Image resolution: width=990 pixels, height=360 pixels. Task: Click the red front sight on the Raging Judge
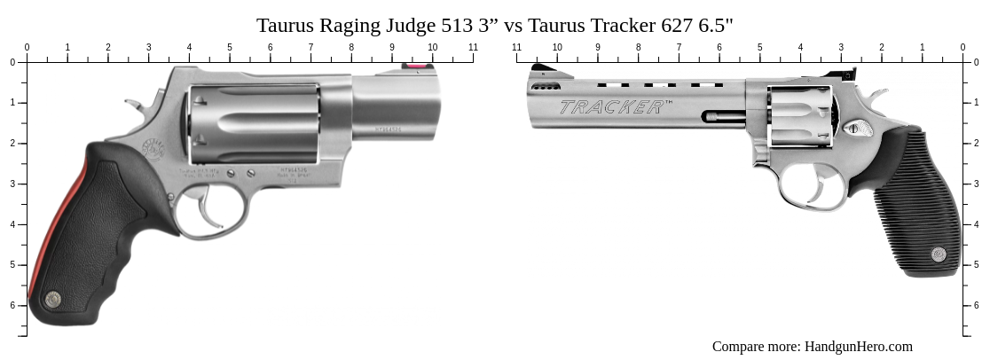click(x=413, y=66)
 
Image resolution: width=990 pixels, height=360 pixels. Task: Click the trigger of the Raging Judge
click(x=208, y=212)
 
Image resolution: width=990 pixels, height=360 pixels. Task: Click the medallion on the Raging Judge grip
click(x=53, y=300)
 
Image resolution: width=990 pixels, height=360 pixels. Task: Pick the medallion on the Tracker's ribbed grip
click(x=939, y=254)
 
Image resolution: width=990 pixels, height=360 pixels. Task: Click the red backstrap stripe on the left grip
click(x=53, y=222)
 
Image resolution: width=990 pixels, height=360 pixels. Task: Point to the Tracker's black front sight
click(x=538, y=68)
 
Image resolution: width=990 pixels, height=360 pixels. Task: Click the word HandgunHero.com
click(x=858, y=347)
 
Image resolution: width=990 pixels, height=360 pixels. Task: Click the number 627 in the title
click(x=677, y=25)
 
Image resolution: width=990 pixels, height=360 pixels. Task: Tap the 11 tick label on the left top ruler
click(x=473, y=47)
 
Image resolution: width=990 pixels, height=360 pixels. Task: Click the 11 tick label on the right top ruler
click(x=517, y=47)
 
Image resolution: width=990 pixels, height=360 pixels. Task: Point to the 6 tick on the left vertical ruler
click(x=12, y=305)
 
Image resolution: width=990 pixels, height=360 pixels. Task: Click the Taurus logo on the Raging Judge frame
click(x=154, y=146)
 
